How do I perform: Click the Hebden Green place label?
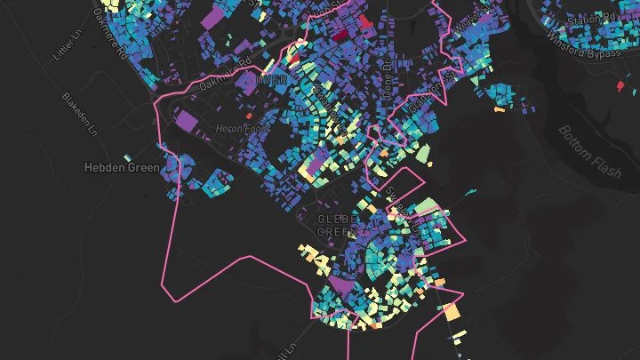click(122, 167)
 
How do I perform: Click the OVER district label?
click(272, 80)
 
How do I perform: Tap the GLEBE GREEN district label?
click(339, 225)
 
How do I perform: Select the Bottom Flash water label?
click(588, 149)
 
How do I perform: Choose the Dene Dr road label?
click(387, 76)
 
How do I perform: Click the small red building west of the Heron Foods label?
click(249, 116)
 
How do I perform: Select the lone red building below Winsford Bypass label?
click(620, 86)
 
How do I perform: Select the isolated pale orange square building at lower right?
click(452, 312)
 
